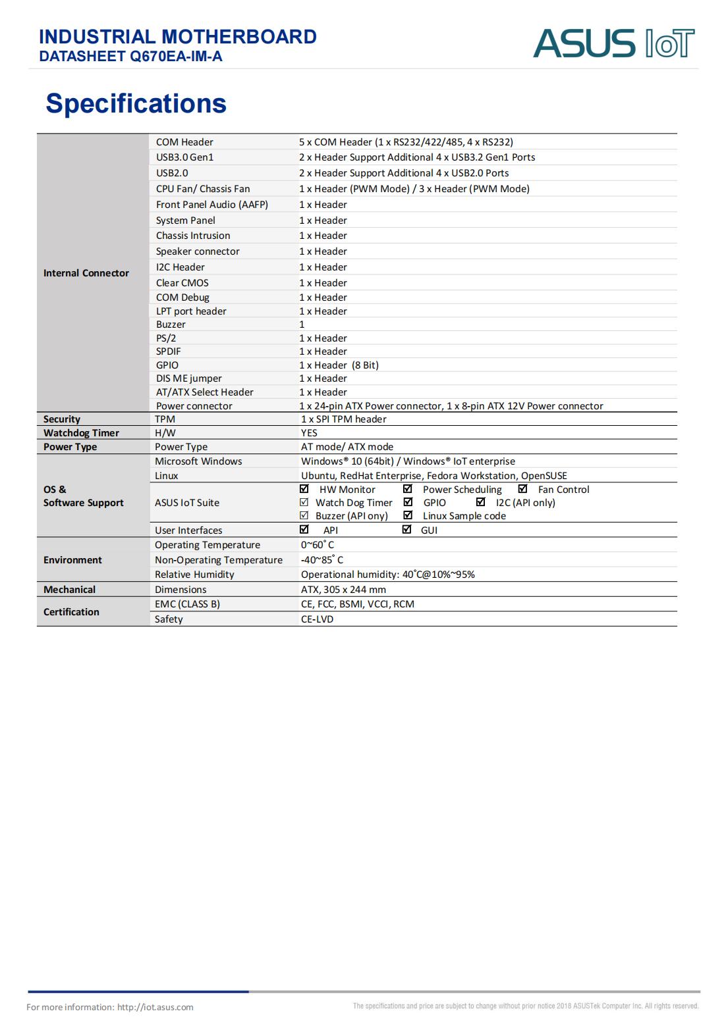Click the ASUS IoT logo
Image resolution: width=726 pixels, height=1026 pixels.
pos(613,43)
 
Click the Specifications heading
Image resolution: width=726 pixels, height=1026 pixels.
pos(136,103)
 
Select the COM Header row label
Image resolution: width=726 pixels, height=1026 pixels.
pos(184,142)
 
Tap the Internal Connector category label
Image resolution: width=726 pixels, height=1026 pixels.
pos(86,273)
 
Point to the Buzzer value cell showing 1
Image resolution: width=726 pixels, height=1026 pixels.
pos(302,324)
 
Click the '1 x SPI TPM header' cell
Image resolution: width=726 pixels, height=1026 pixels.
pos(343,419)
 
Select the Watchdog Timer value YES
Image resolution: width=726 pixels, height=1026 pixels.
pos(309,433)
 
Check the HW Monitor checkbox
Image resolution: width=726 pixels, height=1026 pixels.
pos(304,489)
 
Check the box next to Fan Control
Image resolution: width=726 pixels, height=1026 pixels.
pos(523,489)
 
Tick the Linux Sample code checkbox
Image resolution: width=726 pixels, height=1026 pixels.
pos(408,515)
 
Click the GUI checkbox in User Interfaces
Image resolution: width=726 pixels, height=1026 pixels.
pos(406,530)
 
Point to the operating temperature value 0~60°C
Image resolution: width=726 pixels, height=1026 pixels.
pos(318,545)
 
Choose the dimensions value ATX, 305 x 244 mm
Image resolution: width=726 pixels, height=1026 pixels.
pos(343,590)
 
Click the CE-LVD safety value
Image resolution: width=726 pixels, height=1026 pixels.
pos(317,619)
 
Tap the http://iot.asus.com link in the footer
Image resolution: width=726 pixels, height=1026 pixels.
pos(155,1007)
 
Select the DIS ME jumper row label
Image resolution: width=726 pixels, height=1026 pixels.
pos(188,378)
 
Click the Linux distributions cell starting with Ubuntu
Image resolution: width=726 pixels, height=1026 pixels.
pos(433,476)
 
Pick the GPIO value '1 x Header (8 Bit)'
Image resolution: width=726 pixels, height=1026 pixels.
pos(339,365)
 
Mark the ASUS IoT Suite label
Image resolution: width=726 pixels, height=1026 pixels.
pos(187,503)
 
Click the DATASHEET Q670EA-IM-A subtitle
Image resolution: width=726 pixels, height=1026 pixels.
pos(130,57)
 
